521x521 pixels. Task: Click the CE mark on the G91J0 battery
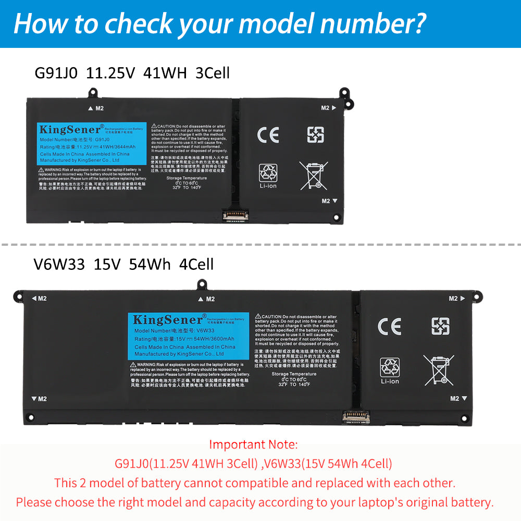tap(268, 134)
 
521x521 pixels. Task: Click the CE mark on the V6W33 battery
tap(389, 326)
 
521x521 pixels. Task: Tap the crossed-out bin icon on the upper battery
tap(313, 175)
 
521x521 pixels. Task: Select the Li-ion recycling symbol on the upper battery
tap(268, 176)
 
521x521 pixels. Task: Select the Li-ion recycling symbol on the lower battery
tap(390, 370)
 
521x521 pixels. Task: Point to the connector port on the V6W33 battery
tap(357, 415)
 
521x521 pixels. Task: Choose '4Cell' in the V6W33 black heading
tap(196, 264)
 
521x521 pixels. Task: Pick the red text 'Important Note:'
tap(253, 444)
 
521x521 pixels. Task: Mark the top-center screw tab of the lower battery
tap(201, 284)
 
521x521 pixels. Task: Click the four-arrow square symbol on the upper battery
tap(315, 134)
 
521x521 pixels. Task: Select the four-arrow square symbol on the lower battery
tap(440, 326)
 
